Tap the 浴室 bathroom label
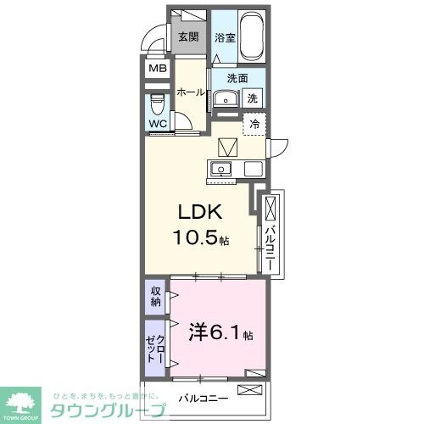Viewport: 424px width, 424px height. (224, 37)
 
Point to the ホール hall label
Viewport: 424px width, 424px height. (192, 93)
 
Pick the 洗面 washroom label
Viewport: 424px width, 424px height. (237, 79)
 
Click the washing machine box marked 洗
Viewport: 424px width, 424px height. (252, 98)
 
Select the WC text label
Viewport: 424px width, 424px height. (159, 124)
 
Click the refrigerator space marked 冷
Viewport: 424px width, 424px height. (254, 124)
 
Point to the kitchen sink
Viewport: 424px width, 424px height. (220, 168)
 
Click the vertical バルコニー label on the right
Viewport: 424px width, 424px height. (269, 242)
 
